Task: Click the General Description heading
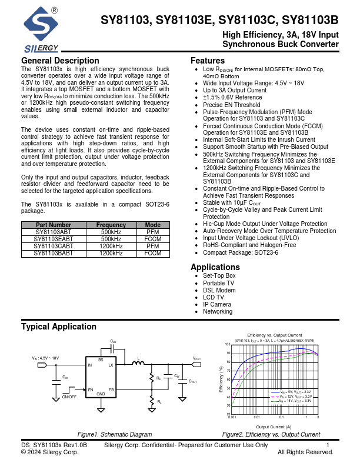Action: point(60,61)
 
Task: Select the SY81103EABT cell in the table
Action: point(54,239)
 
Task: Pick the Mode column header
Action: point(153,225)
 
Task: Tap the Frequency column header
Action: point(111,225)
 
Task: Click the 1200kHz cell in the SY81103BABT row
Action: point(111,253)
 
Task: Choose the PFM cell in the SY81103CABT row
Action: point(153,246)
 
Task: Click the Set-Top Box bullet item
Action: point(219,276)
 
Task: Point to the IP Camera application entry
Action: point(216,304)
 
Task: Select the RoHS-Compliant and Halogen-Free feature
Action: point(249,245)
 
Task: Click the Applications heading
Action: point(215,267)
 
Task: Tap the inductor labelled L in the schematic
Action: point(138,364)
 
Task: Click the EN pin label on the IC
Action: point(91,390)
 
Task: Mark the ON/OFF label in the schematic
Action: point(69,397)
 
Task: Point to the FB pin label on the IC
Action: point(111,390)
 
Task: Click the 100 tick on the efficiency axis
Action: point(228,344)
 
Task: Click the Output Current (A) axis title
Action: point(274,427)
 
